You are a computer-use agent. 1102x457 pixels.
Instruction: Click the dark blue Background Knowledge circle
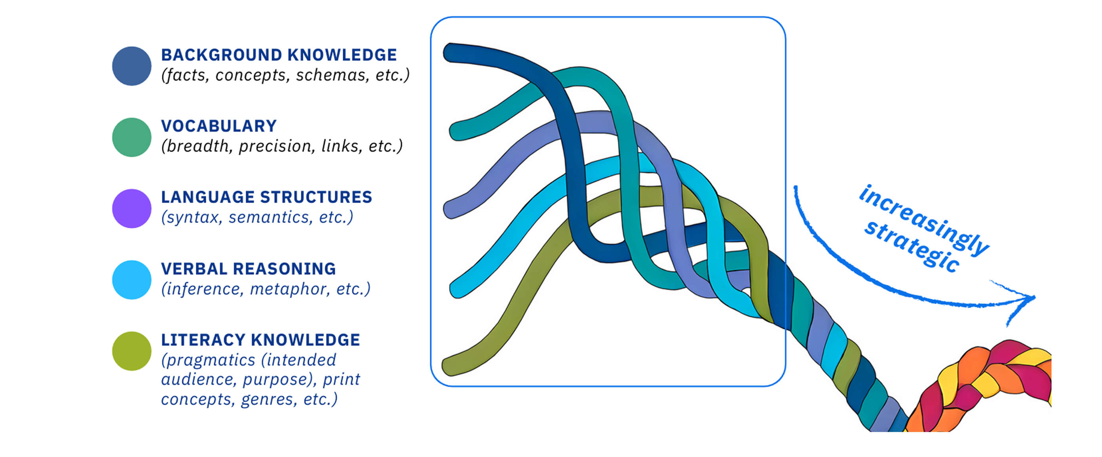click(131, 66)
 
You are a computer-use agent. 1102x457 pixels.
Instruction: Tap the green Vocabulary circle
click(131, 137)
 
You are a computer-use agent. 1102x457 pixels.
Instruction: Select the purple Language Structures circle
click(131, 209)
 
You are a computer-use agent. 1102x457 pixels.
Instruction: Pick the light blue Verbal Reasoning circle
click(131, 280)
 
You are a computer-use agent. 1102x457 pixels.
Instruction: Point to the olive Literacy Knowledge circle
click(131, 351)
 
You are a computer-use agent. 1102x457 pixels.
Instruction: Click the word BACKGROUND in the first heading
click(221, 55)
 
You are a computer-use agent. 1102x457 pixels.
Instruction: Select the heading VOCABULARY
click(218, 126)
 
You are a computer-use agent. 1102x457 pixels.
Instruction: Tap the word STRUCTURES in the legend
click(316, 197)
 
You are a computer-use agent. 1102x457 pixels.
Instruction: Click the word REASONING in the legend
click(284, 269)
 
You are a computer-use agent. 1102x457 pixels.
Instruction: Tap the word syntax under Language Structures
click(192, 218)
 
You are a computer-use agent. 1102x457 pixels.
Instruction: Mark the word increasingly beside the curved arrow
click(924, 220)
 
